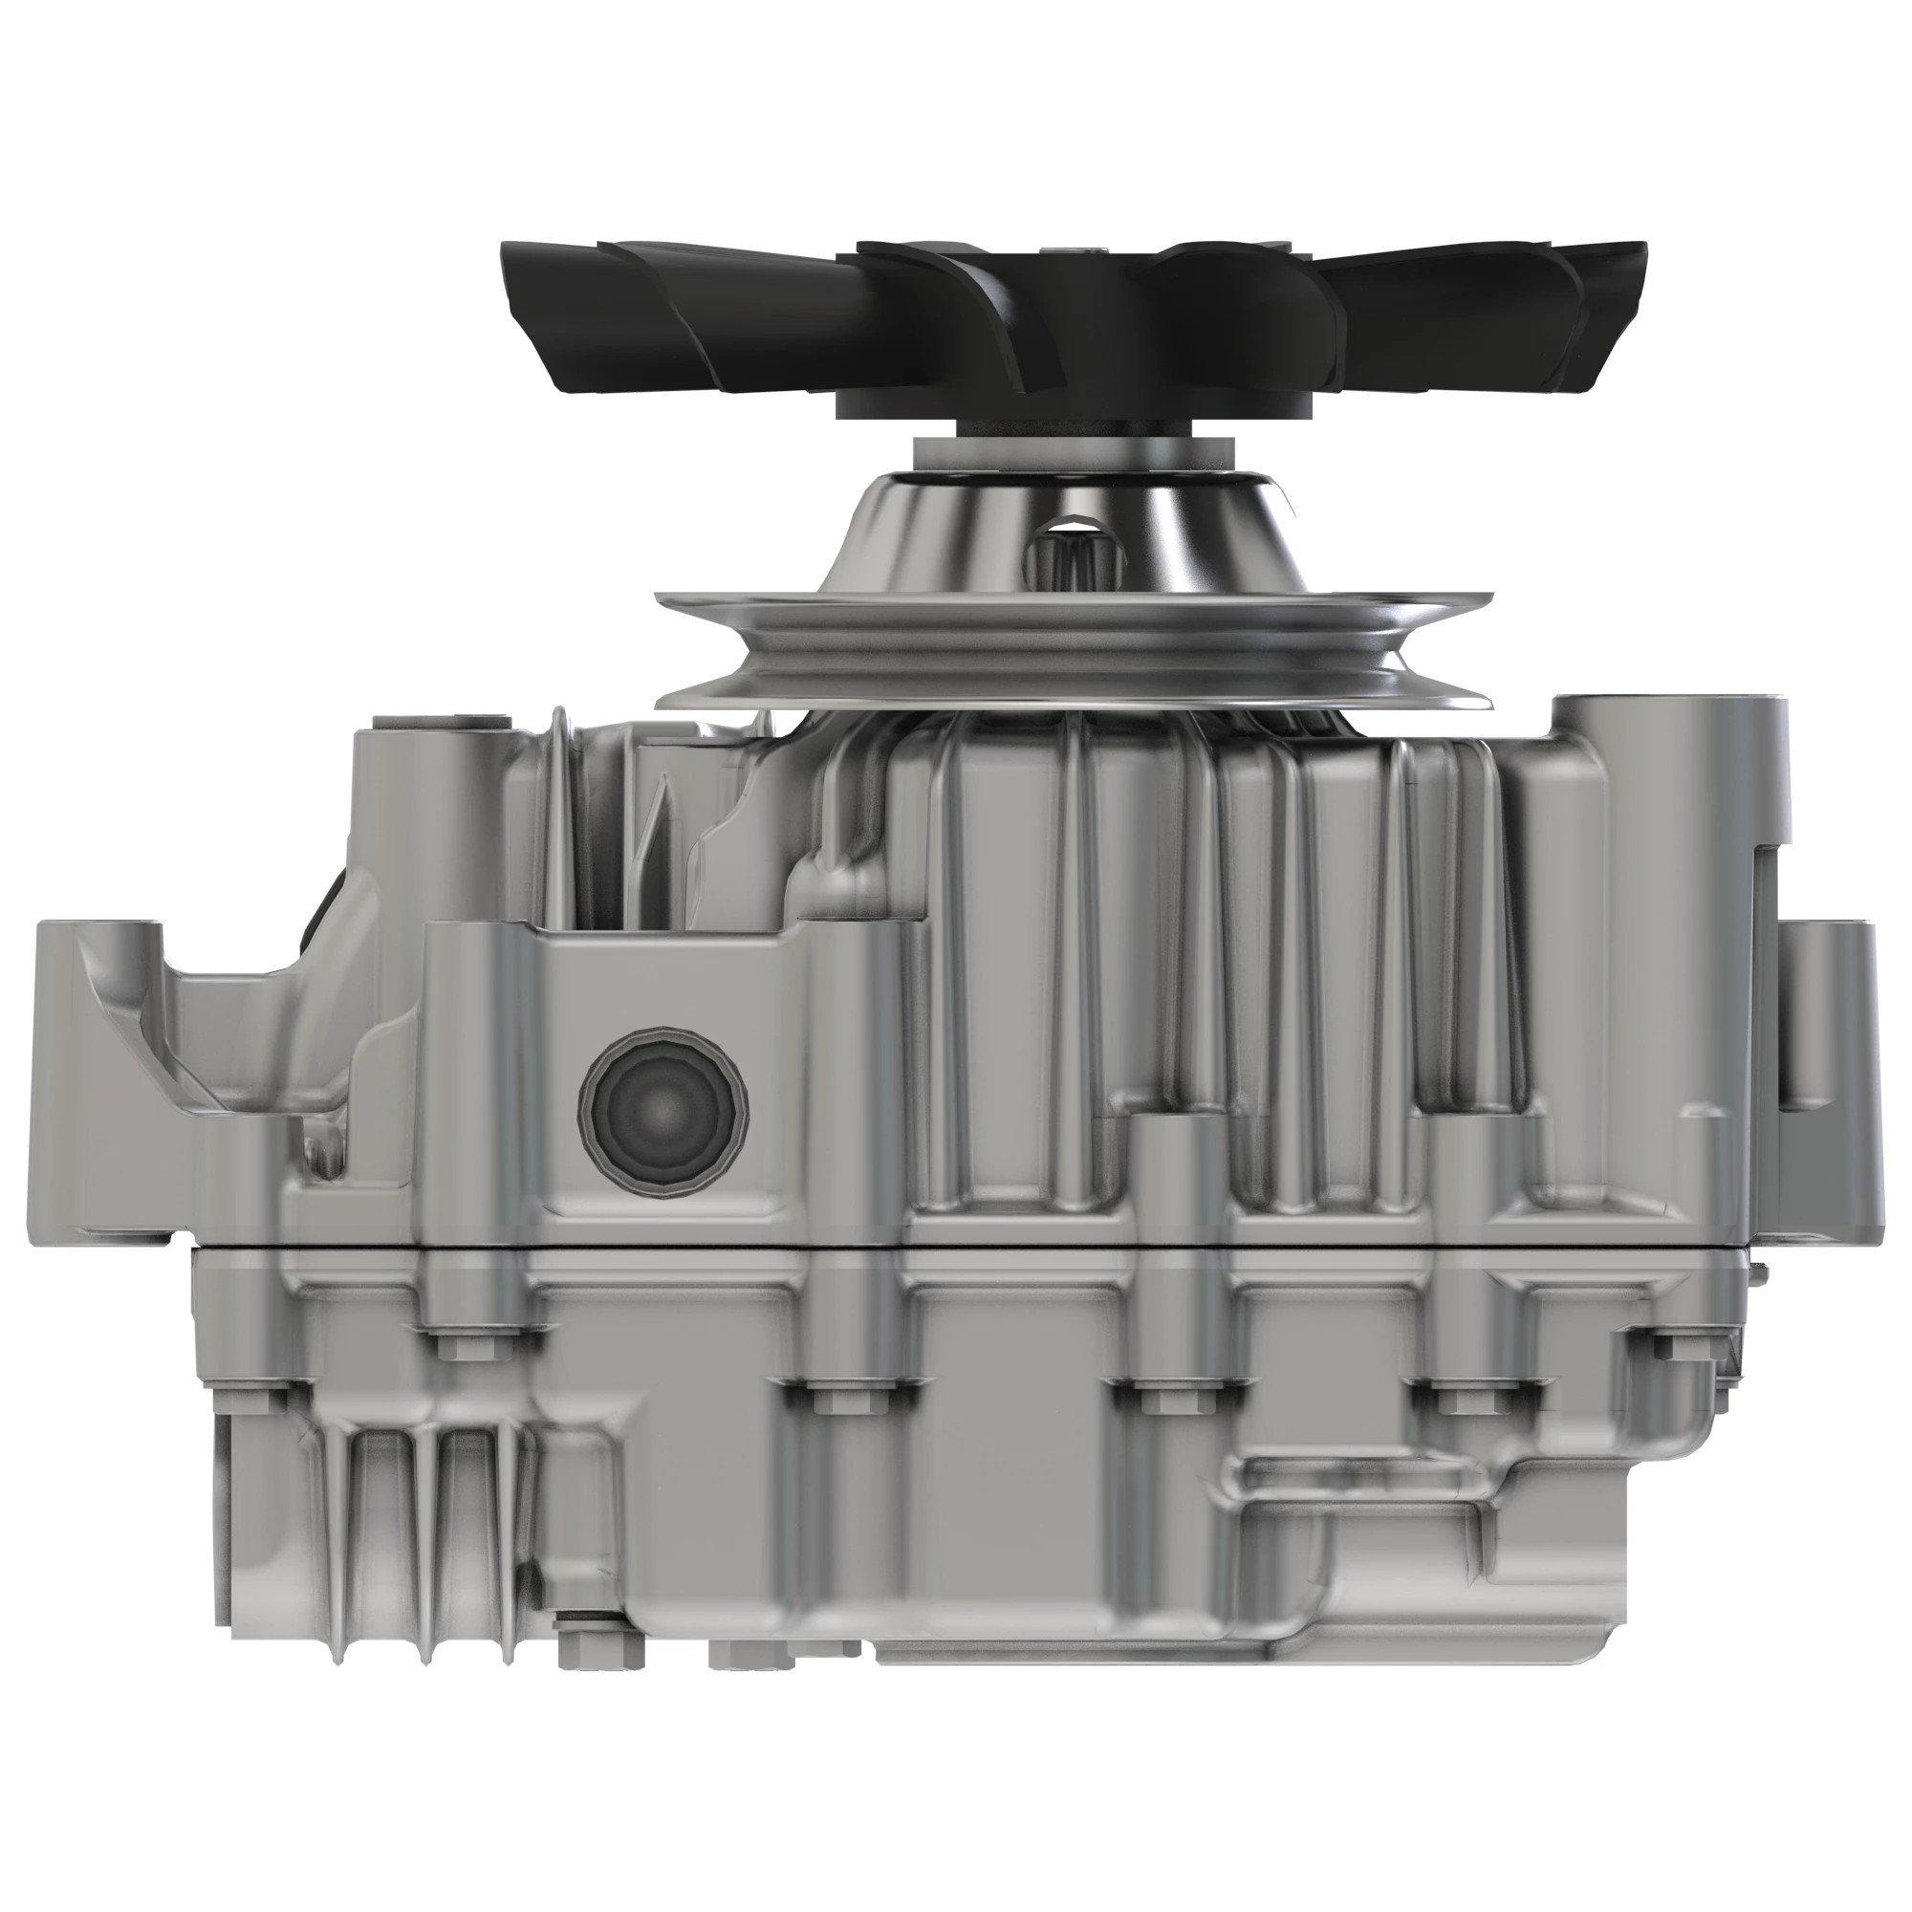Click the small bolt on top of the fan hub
1089,251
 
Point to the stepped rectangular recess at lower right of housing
1376,1514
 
